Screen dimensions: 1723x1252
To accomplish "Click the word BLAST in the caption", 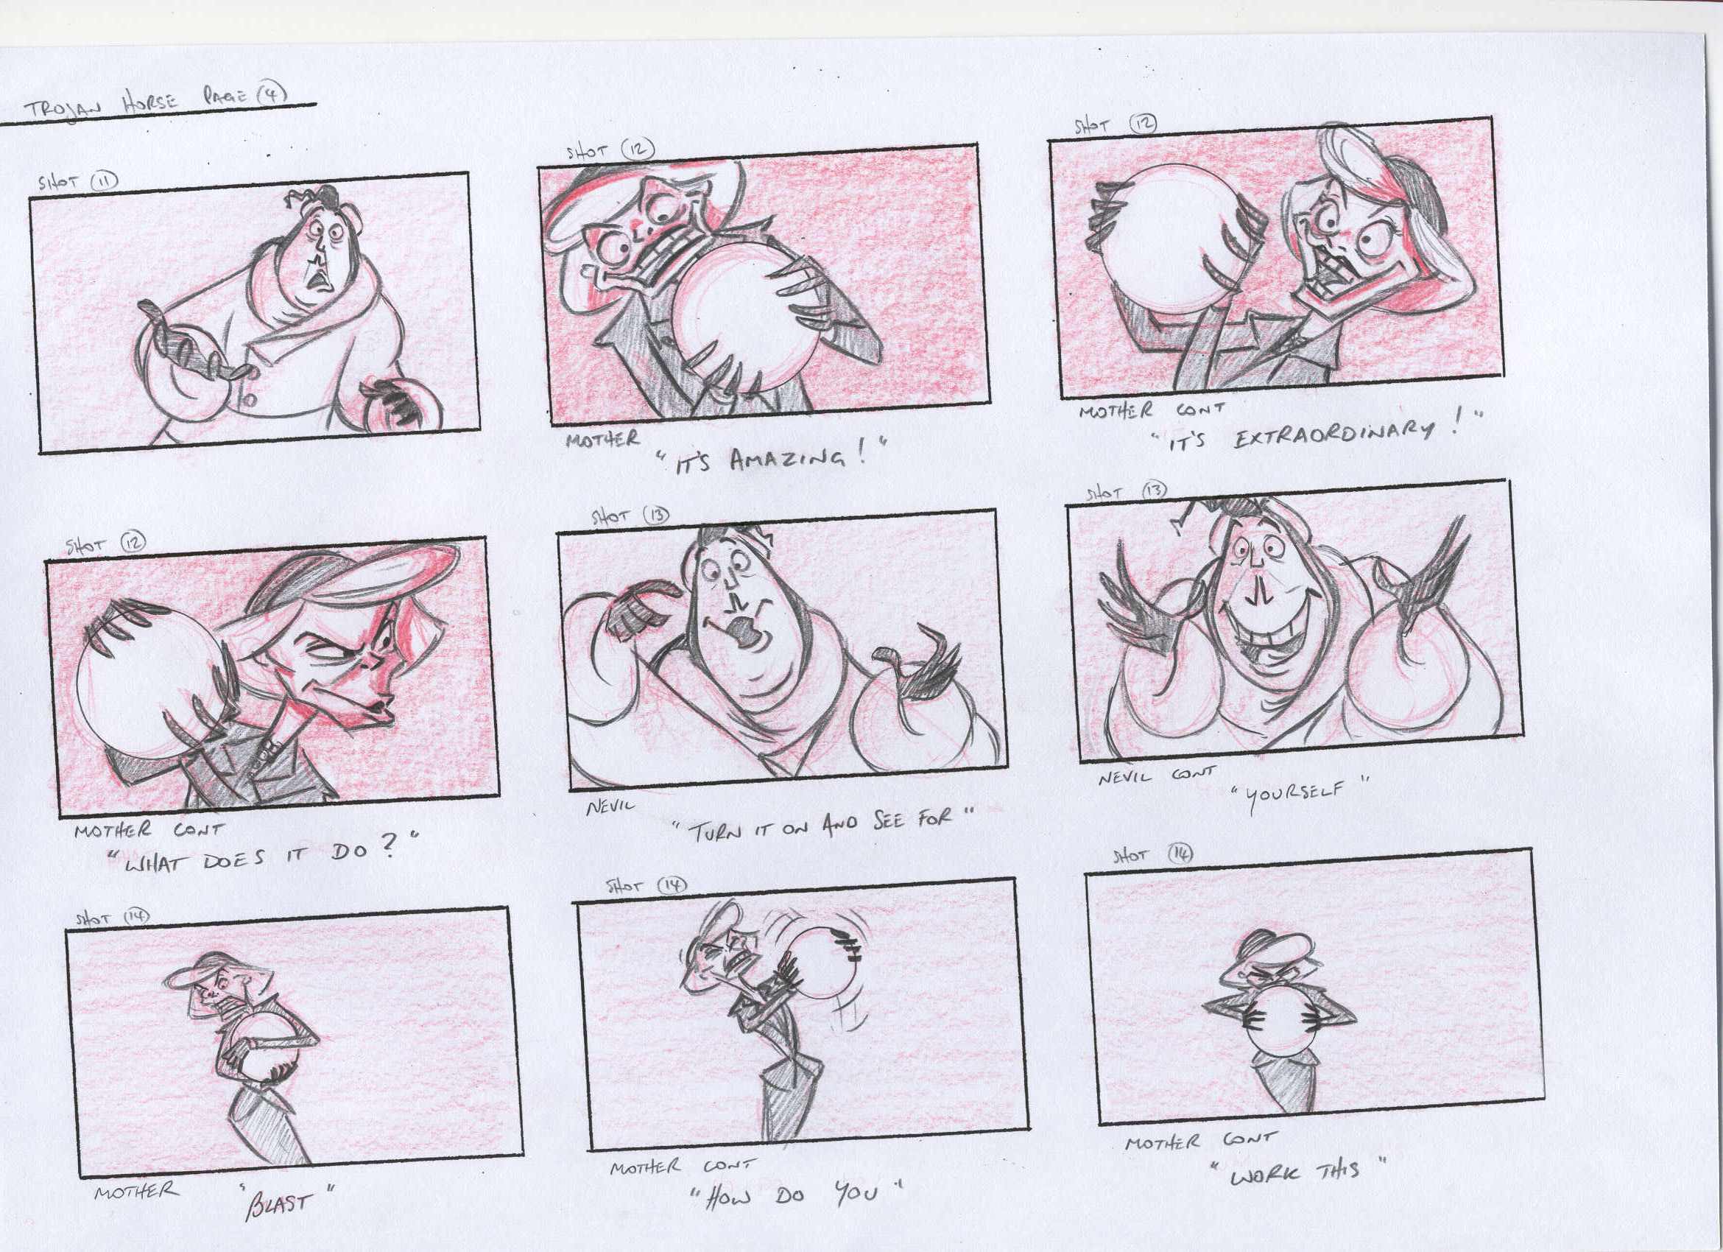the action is click(x=278, y=1203).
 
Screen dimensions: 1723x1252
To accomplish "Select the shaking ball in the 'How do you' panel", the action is click(x=824, y=959).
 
